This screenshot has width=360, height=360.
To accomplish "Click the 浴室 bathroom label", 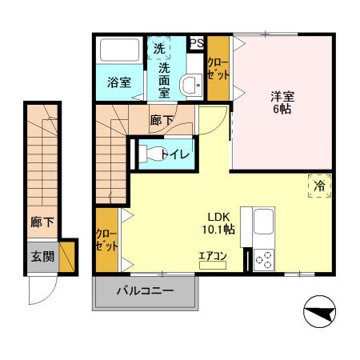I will click(x=120, y=81).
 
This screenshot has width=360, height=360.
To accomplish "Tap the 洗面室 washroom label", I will click(x=163, y=80).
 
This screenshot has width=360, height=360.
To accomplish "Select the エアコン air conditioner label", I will click(x=214, y=257).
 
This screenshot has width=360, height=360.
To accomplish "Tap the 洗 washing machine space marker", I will click(x=159, y=49).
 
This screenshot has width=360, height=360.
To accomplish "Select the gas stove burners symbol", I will click(x=263, y=259).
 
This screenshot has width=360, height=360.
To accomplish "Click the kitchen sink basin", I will click(x=263, y=223).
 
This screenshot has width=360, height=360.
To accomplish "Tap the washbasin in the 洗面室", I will click(x=190, y=84).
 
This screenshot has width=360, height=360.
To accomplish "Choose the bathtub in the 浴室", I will click(x=118, y=53).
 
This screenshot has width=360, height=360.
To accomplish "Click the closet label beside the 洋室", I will click(x=218, y=68).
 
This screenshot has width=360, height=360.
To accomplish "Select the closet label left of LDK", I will click(x=106, y=240).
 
